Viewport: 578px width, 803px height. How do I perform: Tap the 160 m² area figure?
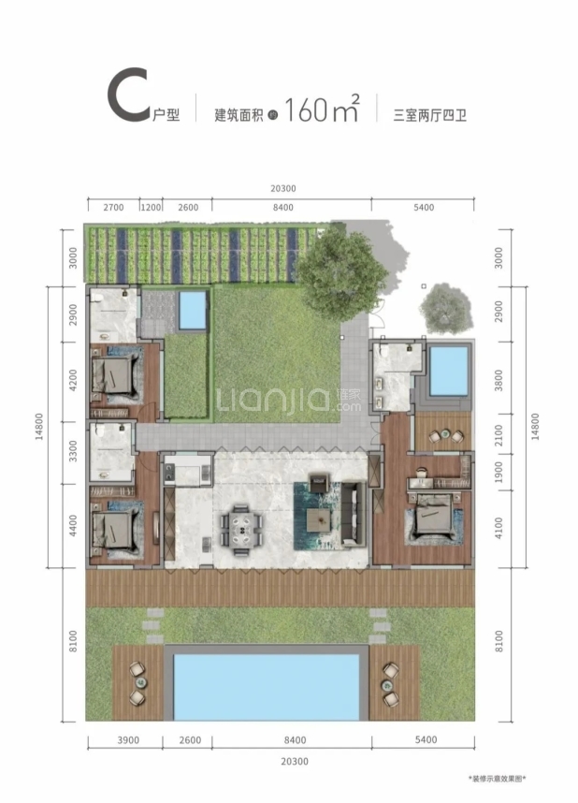tap(322, 108)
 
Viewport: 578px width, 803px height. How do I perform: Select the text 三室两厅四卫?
tap(430, 115)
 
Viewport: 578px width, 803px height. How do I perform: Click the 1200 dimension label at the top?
tap(151, 208)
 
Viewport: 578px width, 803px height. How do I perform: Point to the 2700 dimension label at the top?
tap(113, 208)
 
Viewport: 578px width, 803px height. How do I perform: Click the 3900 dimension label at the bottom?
tap(128, 740)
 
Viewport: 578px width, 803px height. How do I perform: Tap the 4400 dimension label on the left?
tap(73, 525)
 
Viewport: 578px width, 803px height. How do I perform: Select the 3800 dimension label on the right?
tap(499, 381)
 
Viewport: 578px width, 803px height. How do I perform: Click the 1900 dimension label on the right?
tap(499, 472)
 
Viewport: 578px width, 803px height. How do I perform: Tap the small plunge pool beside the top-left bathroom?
tap(193, 311)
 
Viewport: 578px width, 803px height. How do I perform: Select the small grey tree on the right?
tap(445, 308)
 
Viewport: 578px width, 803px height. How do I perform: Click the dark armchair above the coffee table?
tap(318, 483)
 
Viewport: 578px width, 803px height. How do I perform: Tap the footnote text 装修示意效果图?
tap(498, 779)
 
